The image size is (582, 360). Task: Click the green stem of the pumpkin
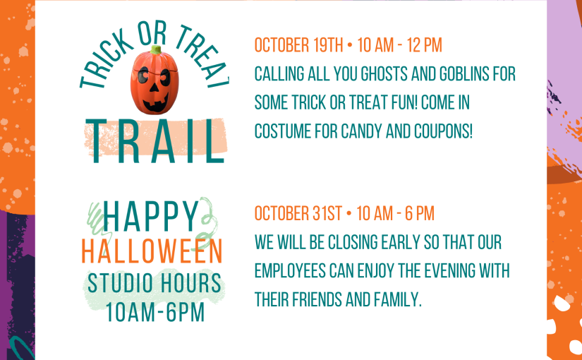(156, 50)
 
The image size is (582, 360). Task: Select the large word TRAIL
(155, 141)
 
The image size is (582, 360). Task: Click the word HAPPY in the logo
(152, 216)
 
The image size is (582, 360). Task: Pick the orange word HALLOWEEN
(152, 252)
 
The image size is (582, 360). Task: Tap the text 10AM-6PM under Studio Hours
(155, 313)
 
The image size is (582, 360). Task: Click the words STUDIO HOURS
(154, 283)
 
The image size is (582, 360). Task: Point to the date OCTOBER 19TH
(299, 45)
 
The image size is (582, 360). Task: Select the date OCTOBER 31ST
(298, 214)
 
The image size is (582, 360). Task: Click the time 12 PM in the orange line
(424, 45)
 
